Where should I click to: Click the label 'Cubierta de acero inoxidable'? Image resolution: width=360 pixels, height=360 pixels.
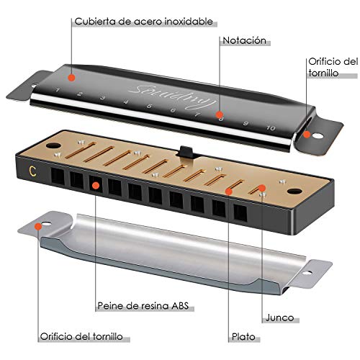pyautogui.click(x=143, y=22)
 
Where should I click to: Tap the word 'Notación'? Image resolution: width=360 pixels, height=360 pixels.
pyautogui.click(x=245, y=40)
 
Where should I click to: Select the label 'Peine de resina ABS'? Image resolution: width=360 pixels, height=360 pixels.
pyautogui.click(x=143, y=306)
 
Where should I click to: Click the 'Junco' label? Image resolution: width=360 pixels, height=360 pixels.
pyautogui.click(x=279, y=318)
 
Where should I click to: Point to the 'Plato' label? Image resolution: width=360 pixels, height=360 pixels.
pyautogui.click(x=243, y=337)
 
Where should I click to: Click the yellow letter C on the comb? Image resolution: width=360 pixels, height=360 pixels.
pyautogui.click(x=32, y=171)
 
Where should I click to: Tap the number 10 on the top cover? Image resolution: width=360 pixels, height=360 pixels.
pyautogui.click(x=271, y=128)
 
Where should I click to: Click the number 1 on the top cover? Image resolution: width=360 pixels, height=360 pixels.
pyautogui.click(x=57, y=90)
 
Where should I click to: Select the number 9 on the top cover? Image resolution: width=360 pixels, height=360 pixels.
pyautogui.click(x=246, y=123)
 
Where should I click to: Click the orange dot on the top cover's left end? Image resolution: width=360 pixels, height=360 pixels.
pyautogui.click(x=71, y=78)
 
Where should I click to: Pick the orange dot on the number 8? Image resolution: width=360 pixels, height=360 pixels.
pyautogui.click(x=220, y=114)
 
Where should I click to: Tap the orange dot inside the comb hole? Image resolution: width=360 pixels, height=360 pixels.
pyautogui.click(x=96, y=185)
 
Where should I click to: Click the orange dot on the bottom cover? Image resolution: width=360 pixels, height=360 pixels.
pyautogui.click(x=38, y=226)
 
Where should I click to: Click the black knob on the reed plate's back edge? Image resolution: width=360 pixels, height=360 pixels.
pyautogui.click(x=186, y=152)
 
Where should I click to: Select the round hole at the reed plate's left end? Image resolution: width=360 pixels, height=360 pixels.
pyautogui.click(x=53, y=145)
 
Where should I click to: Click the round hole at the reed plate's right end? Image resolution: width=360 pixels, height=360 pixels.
pyautogui.click(x=294, y=192)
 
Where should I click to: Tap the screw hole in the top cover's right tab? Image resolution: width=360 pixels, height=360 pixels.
pyautogui.click(x=318, y=136)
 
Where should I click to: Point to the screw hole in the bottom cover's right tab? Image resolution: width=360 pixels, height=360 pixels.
pyautogui.click(x=307, y=273)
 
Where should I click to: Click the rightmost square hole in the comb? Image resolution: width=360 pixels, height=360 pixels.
pyautogui.click(x=240, y=213)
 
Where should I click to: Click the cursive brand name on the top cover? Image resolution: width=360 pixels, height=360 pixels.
pyautogui.click(x=172, y=96)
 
